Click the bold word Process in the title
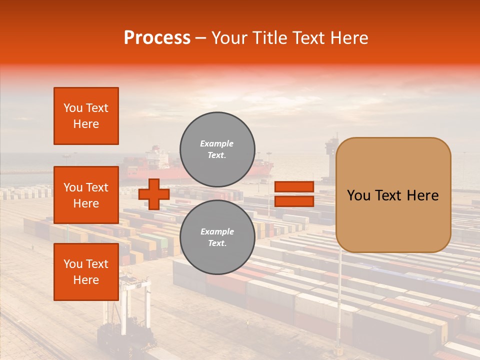157,38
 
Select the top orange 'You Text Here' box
86,116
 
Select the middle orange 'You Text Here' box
86,195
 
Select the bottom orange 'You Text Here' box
86,271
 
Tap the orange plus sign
154,194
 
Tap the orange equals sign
294,194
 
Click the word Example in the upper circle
217,143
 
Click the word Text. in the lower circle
217,243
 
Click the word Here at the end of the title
349,38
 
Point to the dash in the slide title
201,38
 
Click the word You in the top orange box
72,108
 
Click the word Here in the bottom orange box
86,280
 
